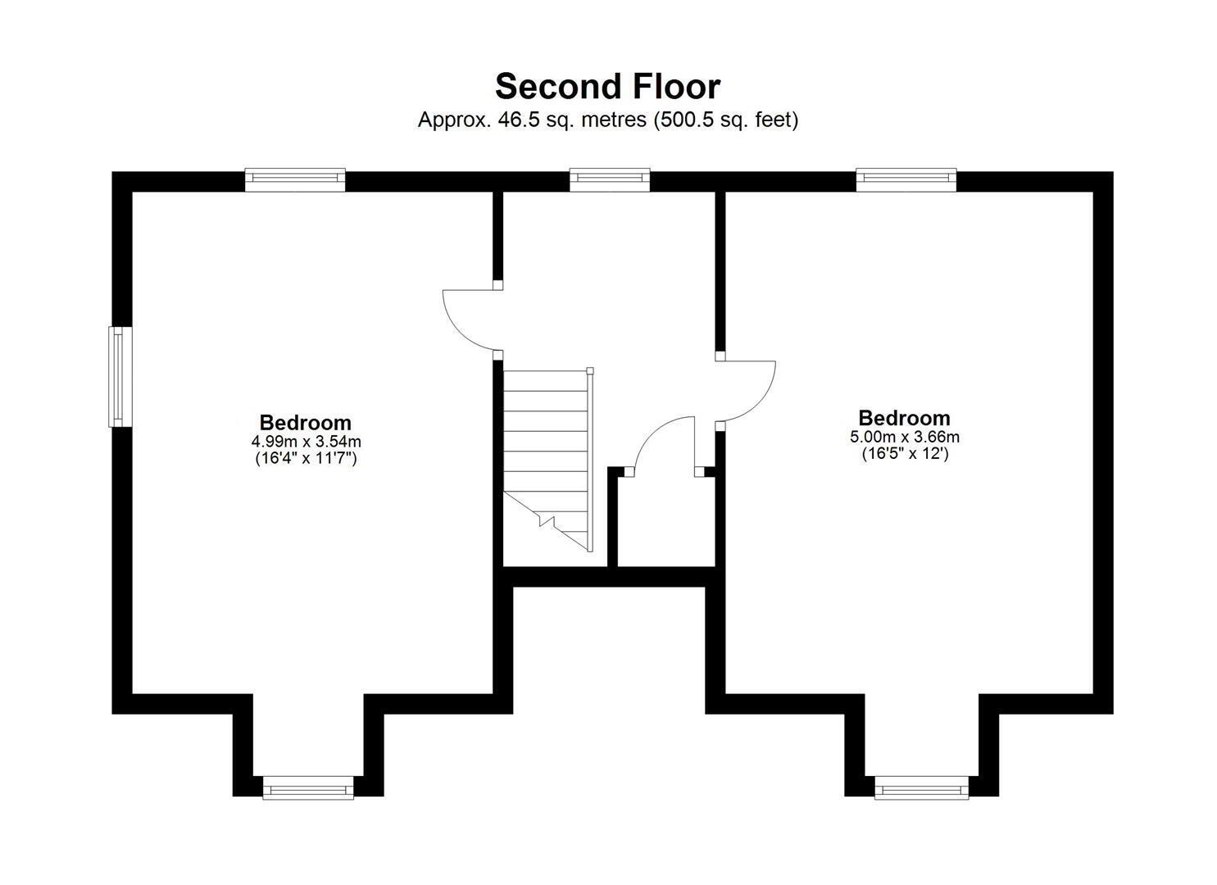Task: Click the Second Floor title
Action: [607, 86]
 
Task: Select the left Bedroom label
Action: [306, 423]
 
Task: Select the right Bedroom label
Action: [904, 418]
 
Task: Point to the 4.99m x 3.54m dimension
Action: [306, 441]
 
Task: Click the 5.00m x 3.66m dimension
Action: [905, 436]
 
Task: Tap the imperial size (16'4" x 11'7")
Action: [306, 458]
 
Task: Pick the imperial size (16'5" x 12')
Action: [905, 453]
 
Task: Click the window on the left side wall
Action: [120, 376]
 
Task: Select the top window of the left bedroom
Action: [295, 179]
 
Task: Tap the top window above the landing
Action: [610, 179]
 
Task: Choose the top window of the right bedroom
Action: [906, 179]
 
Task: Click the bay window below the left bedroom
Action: [308, 787]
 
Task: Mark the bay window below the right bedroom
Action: [921, 787]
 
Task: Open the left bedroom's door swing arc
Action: [456, 332]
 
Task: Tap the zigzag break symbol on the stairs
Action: [547, 521]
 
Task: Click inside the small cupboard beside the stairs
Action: [666, 521]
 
